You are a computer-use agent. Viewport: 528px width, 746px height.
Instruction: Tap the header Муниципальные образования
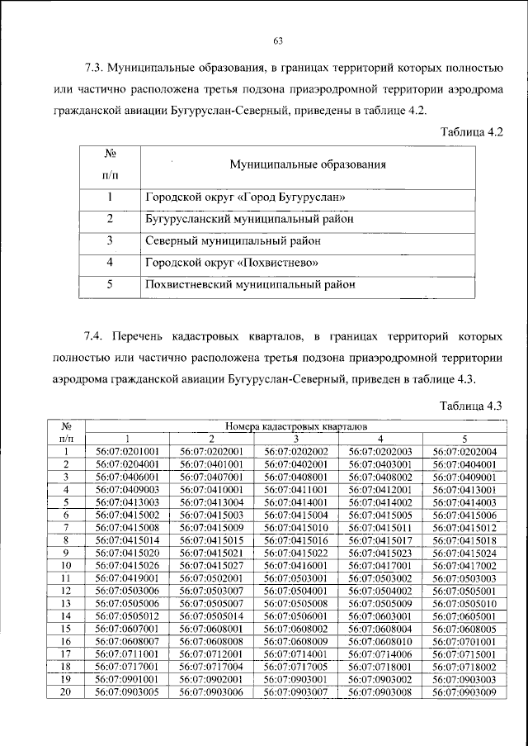[309, 164]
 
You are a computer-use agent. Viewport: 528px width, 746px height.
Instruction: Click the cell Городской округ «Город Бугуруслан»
[244, 198]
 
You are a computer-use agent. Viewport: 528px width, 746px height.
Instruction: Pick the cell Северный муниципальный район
[233, 241]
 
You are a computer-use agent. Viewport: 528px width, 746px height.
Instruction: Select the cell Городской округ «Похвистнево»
[232, 264]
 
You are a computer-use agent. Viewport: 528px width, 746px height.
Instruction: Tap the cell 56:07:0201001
[127, 453]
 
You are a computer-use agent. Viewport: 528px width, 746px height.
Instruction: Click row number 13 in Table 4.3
[67, 602]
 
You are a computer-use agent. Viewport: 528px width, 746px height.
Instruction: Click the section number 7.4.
[94, 338]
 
